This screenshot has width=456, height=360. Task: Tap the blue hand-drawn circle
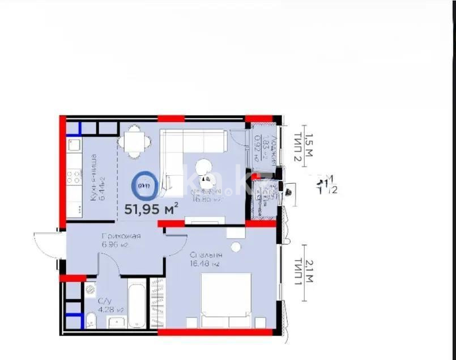click(143, 184)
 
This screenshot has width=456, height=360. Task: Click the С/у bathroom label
click(104, 301)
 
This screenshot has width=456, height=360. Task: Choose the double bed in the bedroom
click(226, 300)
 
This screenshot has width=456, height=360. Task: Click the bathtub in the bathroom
click(137, 303)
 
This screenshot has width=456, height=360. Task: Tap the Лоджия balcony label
click(274, 150)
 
